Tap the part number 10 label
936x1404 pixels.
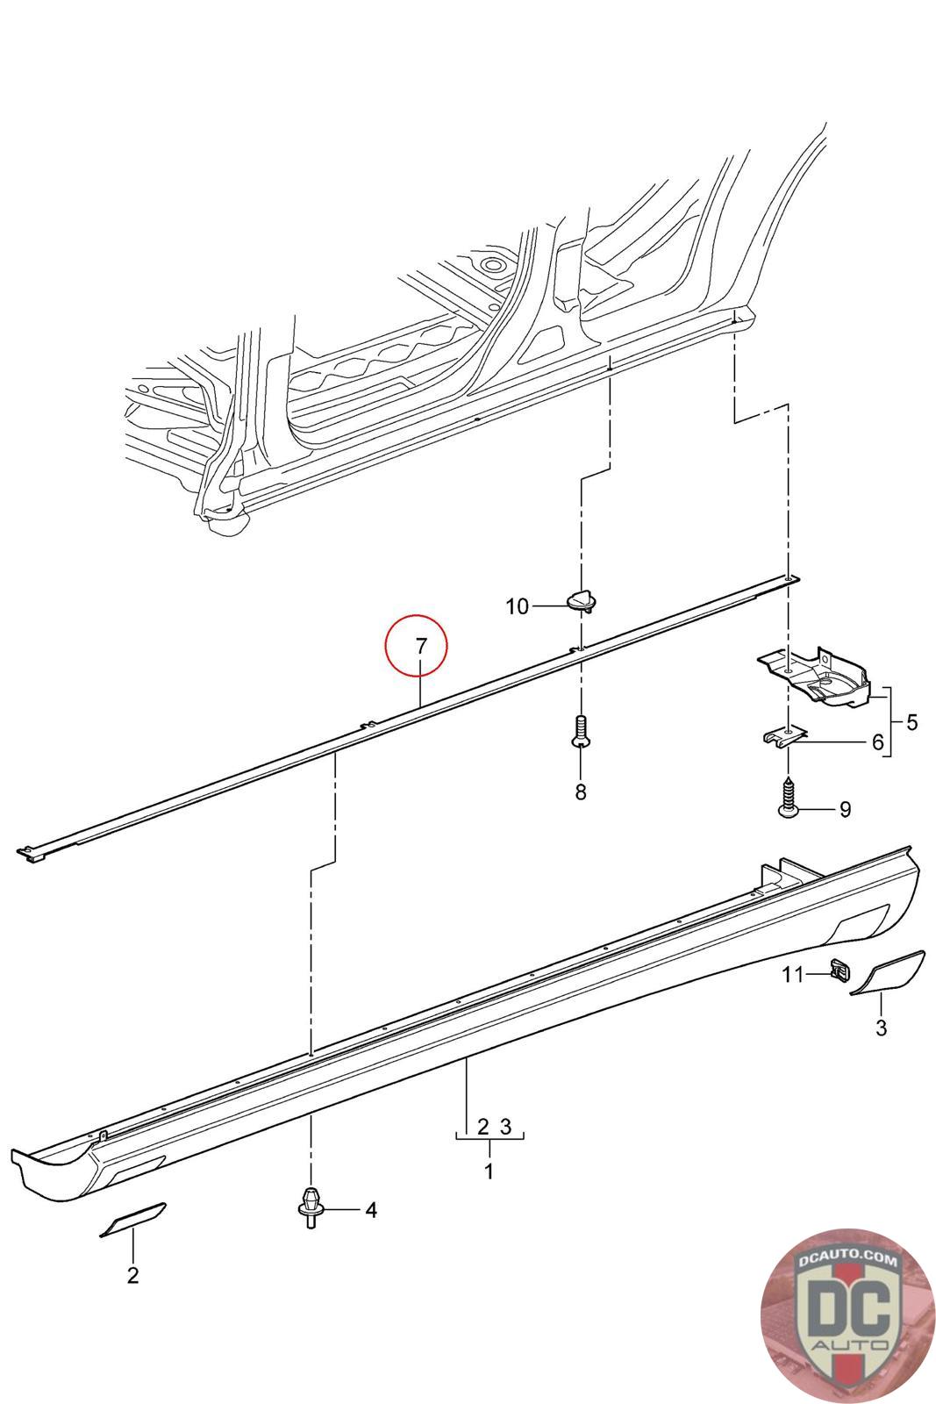(x=518, y=606)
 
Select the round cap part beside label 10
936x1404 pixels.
(x=579, y=601)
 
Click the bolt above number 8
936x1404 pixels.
(x=580, y=731)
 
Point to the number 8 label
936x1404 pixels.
(x=580, y=792)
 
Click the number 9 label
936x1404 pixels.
(x=845, y=809)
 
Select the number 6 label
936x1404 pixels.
(x=877, y=742)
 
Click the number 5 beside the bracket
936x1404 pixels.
(x=912, y=722)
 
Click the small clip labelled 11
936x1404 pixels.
(x=837, y=971)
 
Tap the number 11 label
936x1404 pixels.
(x=793, y=975)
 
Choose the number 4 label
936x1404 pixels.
(x=371, y=1210)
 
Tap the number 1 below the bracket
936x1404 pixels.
(x=489, y=1171)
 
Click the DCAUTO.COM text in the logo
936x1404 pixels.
(x=847, y=1262)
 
